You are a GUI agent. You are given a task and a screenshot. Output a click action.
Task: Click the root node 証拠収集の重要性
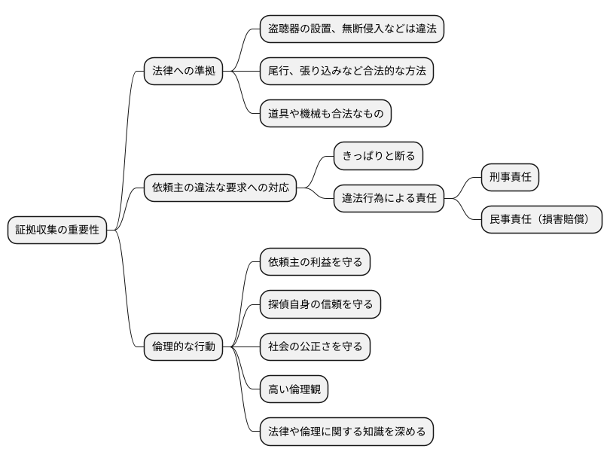tap(56, 230)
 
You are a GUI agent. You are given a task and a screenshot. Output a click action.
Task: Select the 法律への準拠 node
tap(184, 72)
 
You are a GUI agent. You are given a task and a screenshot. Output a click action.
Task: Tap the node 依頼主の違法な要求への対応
tap(220, 187)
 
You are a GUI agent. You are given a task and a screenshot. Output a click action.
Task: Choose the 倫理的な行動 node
tap(184, 347)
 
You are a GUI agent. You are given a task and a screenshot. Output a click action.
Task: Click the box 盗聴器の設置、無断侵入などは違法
tap(352, 29)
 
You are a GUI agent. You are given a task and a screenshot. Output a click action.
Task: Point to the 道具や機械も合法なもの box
tap(325, 114)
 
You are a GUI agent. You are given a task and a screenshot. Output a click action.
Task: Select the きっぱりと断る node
tap(379, 157)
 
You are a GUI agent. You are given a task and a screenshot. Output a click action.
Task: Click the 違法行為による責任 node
tap(389, 199)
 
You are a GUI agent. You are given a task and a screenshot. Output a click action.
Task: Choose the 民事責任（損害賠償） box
tap(541, 220)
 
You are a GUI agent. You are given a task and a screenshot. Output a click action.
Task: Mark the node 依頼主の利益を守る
tap(316, 262)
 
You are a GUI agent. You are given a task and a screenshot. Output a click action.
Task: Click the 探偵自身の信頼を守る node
tap(320, 304)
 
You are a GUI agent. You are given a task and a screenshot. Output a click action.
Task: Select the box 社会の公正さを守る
tap(316, 347)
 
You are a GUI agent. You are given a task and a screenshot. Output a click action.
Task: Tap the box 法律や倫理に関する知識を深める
tap(346, 432)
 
